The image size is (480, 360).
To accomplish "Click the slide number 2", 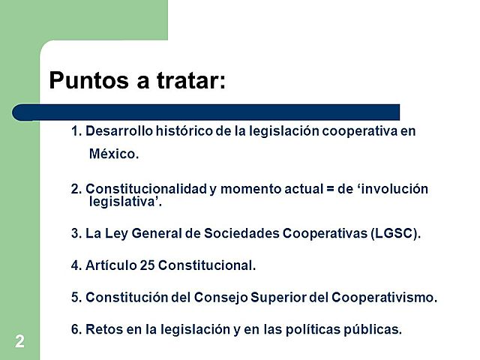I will tap(19, 342).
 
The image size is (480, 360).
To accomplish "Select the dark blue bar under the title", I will tap(206, 112).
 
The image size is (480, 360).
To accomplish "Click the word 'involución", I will tap(394, 189).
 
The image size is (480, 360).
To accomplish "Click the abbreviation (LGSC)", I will tap(395, 232).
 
